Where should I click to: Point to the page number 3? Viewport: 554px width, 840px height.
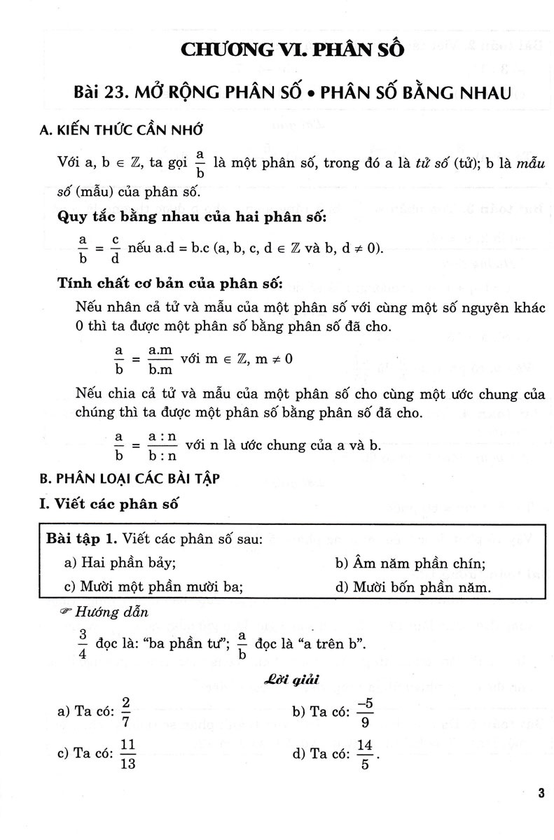[x=540, y=792]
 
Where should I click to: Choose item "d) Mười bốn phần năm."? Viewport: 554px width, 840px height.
[x=413, y=587]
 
